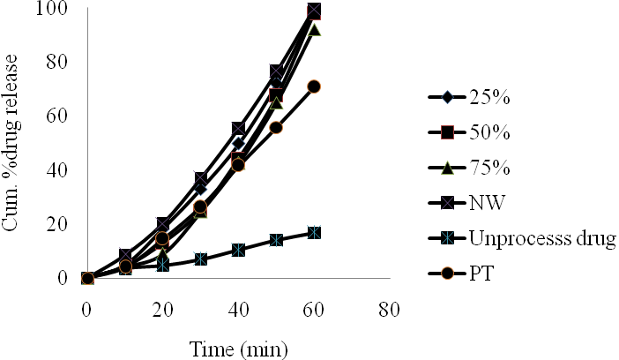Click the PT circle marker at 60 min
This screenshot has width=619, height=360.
click(314, 86)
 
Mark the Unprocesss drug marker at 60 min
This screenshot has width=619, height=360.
click(314, 233)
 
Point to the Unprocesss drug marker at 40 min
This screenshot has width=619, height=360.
click(238, 250)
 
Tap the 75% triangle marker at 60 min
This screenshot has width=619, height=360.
click(314, 30)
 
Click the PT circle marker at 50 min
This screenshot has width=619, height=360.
click(276, 128)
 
